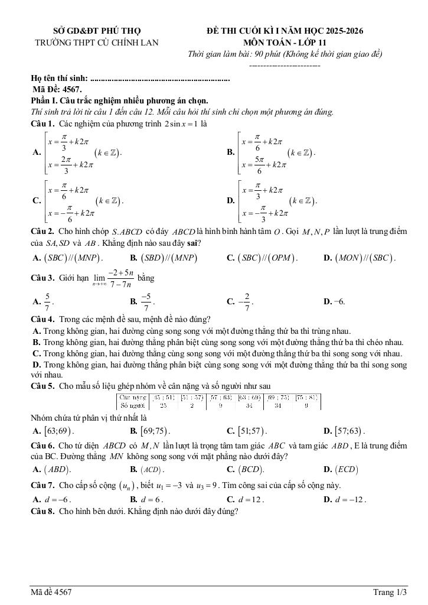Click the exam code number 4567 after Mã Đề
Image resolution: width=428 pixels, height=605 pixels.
[x=71, y=89]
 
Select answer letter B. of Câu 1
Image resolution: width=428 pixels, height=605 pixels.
[x=231, y=152]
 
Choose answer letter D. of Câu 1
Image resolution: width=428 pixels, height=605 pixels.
[x=231, y=201]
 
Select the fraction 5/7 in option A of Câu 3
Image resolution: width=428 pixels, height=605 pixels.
[x=47, y=301]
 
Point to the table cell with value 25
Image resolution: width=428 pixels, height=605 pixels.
[x=163, y=405]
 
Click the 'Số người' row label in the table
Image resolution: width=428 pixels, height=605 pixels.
[x=133, y=405]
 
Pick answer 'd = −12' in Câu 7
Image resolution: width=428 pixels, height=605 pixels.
[x=349, y=499]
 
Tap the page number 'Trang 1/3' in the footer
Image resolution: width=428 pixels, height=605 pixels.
[x=390, y=592]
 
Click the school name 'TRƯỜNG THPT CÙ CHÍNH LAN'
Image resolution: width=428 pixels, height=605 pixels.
[x=97, y=42]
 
